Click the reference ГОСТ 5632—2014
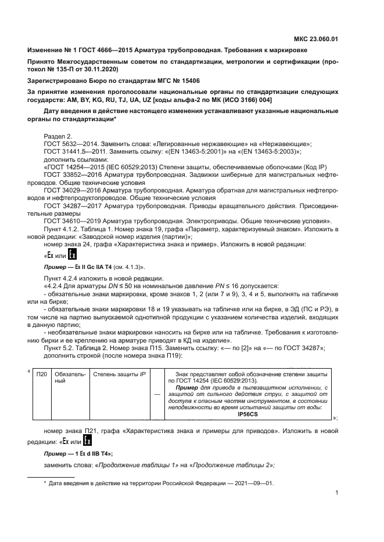click(x=72, y=143)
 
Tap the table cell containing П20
click(x=41, y=374)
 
